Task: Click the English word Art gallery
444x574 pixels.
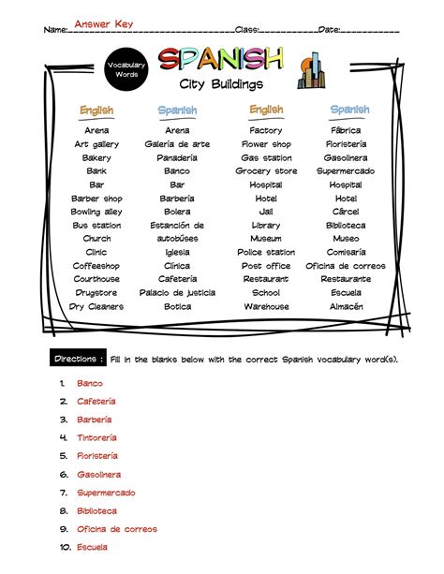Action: pos(96,144)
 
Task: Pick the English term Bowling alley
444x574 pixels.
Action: pos(96,212)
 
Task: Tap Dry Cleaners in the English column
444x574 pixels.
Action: pos(96,306)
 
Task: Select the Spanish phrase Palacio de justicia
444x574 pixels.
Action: pos(178,293)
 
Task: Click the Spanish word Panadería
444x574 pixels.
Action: pos(177,158)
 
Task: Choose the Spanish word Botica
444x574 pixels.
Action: pos(177,306)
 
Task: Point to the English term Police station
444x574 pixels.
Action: pos(266,252)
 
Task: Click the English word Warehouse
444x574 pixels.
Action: pos(266,306)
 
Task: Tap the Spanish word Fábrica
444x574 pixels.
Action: pos(346,131)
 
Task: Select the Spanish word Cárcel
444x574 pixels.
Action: pos(346,212)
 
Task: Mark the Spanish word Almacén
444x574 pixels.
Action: pos(346,306)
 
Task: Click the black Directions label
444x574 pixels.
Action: pos(77,360)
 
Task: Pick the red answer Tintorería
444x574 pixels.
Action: pos(96,437)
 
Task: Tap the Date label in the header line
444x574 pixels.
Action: pos(330,30)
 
